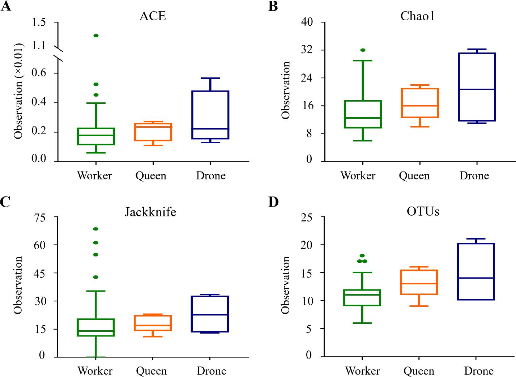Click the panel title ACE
(153, 16)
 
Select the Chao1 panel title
(417, 16)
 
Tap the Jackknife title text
(150, 212)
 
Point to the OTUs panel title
(423, 211)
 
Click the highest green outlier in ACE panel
(96, 35)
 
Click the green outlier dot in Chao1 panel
(363, 50)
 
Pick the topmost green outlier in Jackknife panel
(96, 229)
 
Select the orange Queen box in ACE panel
(153, 132)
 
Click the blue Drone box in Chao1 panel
(477, 87)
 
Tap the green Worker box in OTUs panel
(362, 298)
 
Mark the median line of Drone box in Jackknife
(210, 315)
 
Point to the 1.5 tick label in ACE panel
(39, 22)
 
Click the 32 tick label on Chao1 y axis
(307, 50)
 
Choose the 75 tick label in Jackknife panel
(40, 218)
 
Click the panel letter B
(273, 7)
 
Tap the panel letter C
(5, 202)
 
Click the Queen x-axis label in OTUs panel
(419, 371)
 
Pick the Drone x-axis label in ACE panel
(211, 176)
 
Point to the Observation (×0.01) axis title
(18, 91)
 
